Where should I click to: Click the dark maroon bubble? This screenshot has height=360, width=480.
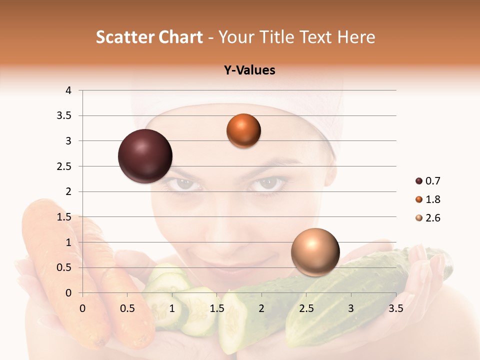click(x=145, y=156)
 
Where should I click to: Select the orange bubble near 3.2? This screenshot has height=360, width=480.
click(x=243, y=130)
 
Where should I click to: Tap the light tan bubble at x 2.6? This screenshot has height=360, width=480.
click(x=315, y=252)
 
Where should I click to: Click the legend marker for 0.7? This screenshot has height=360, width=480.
click(x=419, y=181)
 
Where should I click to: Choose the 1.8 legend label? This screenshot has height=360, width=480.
click(x=432, y=199)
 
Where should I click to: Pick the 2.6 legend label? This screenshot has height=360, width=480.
click(x=432, y=218)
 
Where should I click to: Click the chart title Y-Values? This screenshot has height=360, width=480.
click(x=249, y=70)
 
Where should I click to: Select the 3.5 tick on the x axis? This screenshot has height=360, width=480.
click(x=395, y=308)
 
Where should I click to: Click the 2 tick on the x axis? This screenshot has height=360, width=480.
click(x=261, y=308)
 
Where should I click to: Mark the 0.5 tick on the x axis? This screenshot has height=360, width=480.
click(x=127, y=308)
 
